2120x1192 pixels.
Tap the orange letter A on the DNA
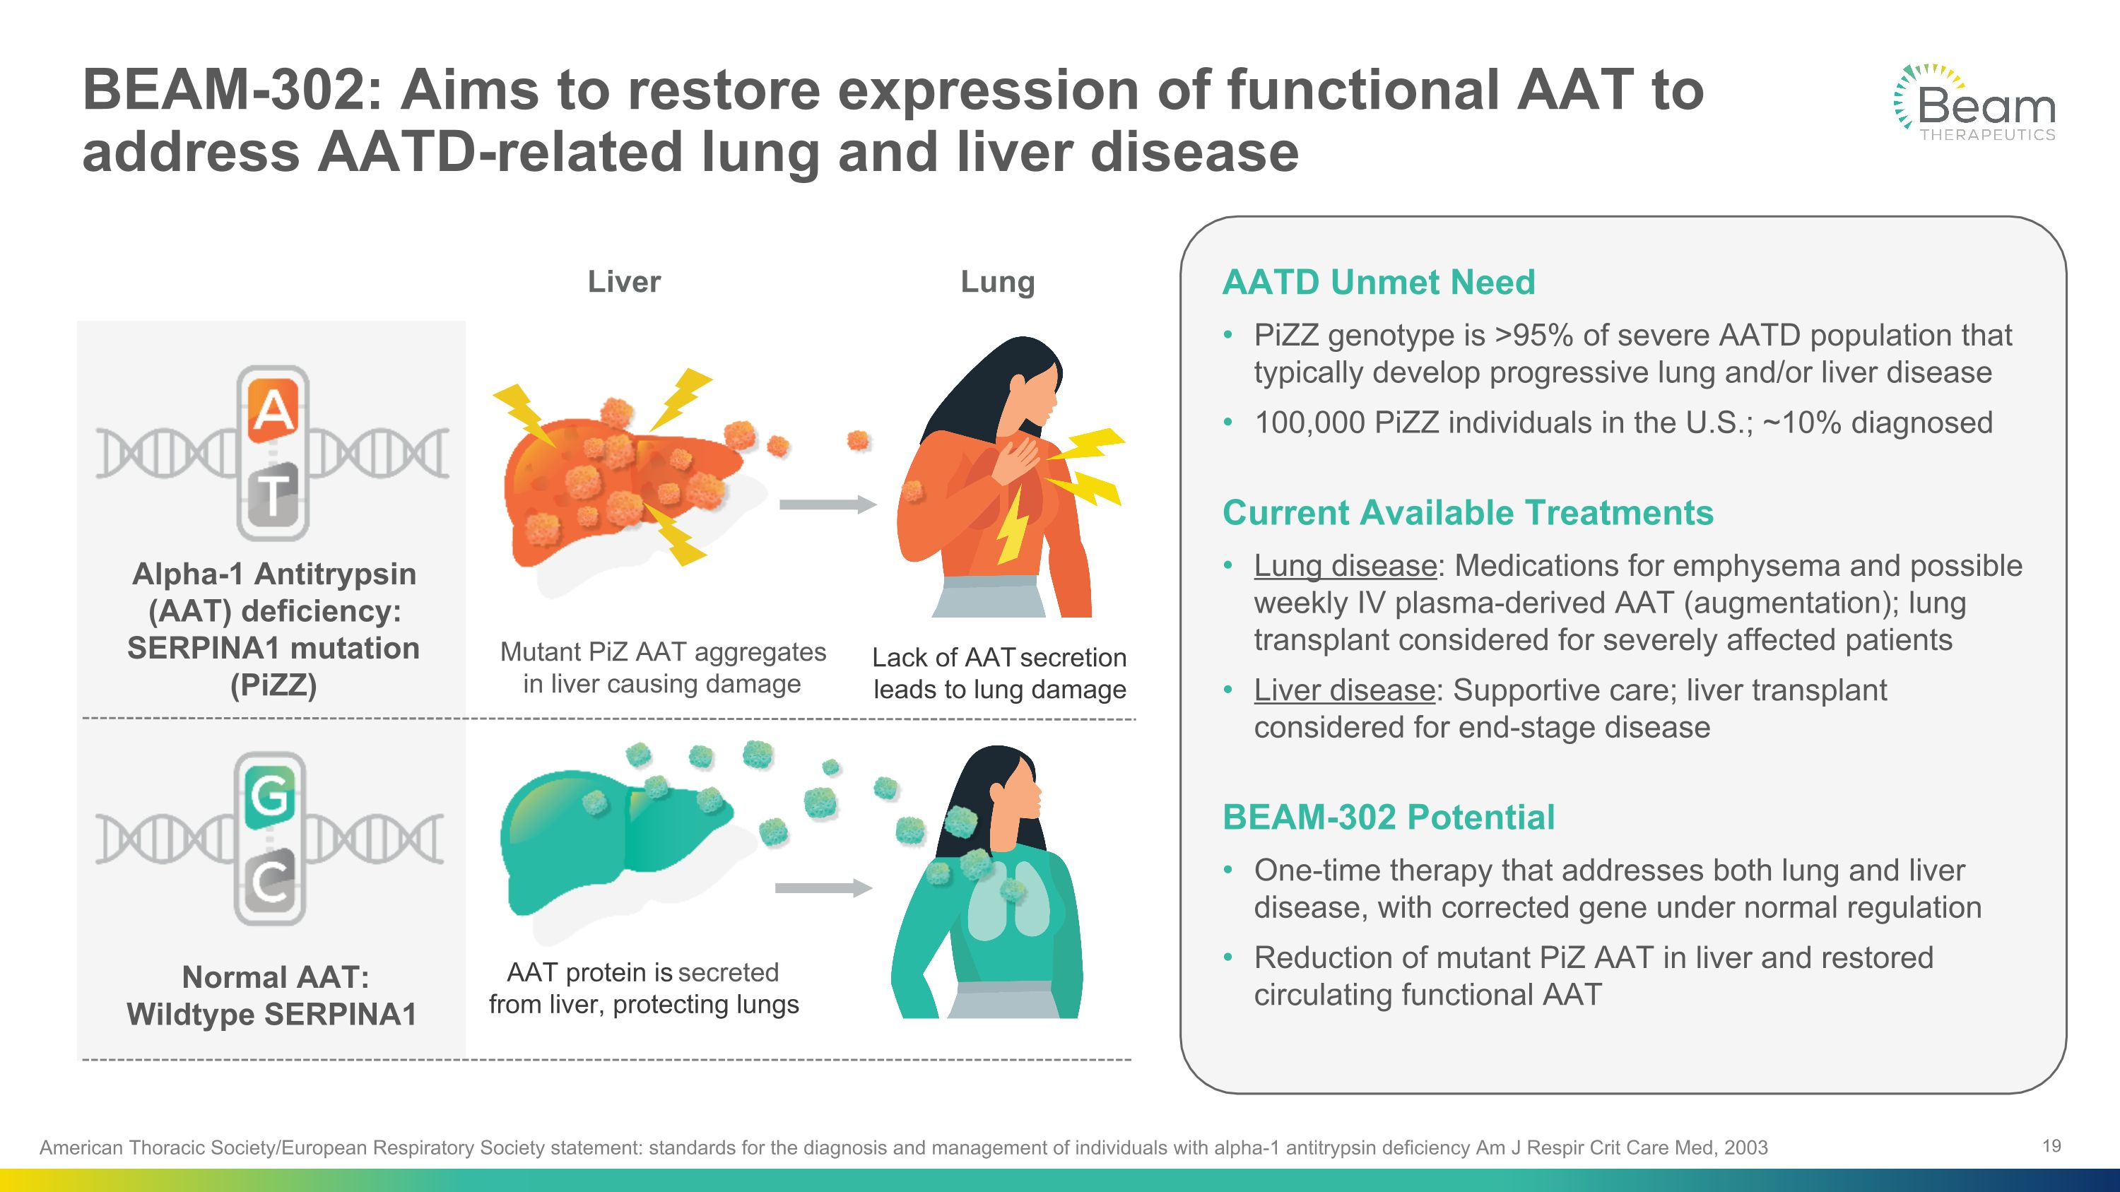tap(272, 407)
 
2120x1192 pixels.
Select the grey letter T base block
tap(272, 494)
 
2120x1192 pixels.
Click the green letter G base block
tap(270, 795)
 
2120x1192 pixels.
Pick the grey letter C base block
tap(270, 882)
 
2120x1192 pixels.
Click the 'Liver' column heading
tap(624, 282)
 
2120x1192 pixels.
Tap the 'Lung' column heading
tap(997, 282)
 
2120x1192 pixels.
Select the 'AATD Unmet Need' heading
tap(1379, 282)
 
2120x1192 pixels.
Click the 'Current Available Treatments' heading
tap(1467, 512)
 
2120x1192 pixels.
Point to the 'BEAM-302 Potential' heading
tap(1389, 817)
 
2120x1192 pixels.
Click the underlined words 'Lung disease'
tap(1345, 566)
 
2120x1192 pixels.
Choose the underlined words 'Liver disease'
tap(1344, 690)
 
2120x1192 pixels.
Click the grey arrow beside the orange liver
tap(826, 504)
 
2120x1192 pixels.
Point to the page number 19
tap(2051, 1146)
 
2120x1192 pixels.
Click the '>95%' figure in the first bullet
tap(1531, 336)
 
